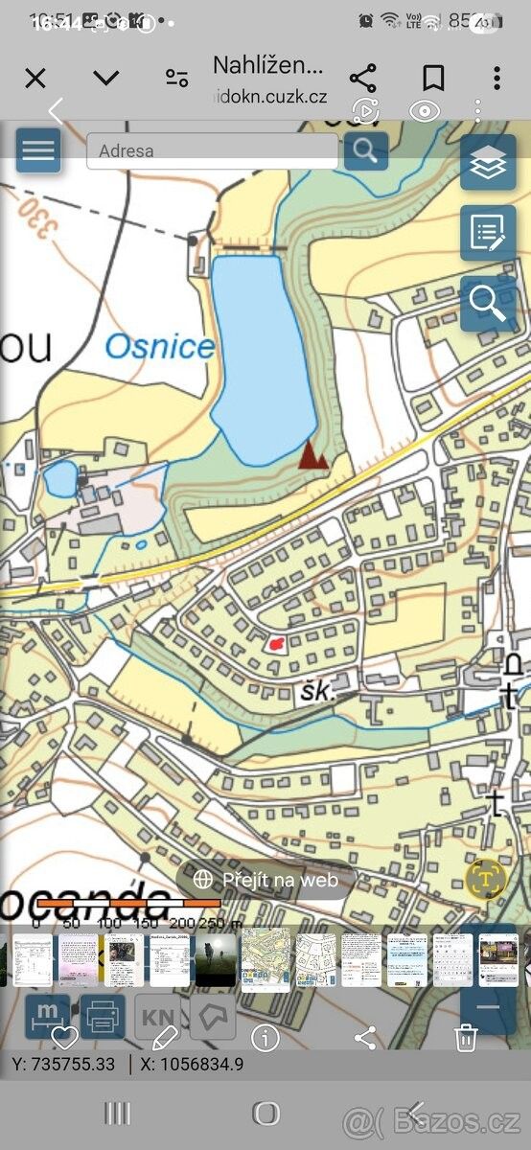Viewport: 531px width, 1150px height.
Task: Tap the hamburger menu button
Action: [x=38, y=150]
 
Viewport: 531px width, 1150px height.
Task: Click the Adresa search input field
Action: [x=212, y=150]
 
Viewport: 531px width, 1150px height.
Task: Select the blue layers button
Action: [x=488, y=164]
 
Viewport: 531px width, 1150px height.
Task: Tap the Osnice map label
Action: [x=159, y=347]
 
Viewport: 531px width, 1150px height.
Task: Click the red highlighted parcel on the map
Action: [x=276, y=644]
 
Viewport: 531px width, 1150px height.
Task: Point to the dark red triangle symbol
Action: [x=313, y=455]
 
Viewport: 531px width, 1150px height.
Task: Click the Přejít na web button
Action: [x=266, y=879]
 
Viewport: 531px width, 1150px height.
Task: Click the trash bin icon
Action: [x=466, y=1037]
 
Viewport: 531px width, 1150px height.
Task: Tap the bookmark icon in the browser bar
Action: [x=433, y=78]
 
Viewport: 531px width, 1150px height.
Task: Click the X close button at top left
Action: [x=35, y=78]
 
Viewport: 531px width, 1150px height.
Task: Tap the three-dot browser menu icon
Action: [x=496, y=78]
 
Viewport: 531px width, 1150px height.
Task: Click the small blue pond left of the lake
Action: [x=59, y=477]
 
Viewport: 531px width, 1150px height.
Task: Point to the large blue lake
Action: [x=261, y=355]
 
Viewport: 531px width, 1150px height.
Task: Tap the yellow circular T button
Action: [x=486, y=878]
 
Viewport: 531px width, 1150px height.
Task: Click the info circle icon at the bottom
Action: [x=265, y=1037]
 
